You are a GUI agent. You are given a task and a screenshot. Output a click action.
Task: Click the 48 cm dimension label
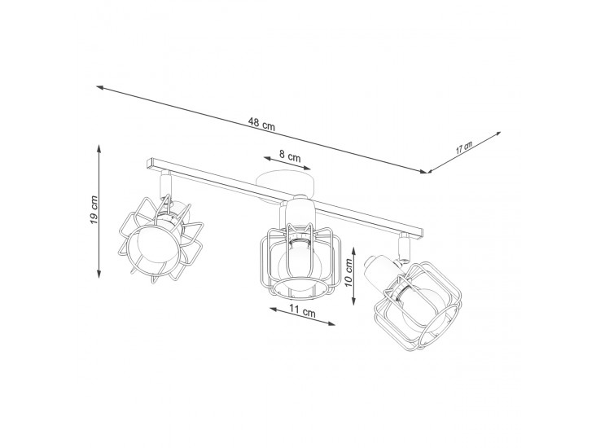[261, 124]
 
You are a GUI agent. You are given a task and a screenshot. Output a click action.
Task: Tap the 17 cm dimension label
[464, 147]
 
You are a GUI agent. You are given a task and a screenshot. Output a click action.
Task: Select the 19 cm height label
[94, 209]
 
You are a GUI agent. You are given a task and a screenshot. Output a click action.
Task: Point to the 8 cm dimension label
[290, 156]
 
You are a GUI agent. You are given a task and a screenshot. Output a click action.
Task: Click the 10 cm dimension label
[348, 275]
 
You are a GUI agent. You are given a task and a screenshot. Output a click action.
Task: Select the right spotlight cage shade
[418, 304]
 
